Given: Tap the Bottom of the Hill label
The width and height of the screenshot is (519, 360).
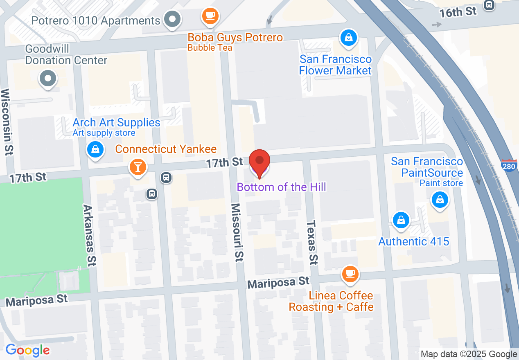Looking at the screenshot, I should point(281,187).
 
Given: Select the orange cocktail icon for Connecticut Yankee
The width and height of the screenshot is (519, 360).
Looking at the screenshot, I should point(138,167).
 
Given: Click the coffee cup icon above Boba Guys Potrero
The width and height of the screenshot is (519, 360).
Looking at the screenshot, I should point(210,16).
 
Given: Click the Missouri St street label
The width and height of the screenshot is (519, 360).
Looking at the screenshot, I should point(237,232).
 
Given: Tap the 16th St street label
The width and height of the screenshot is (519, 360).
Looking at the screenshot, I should point(458,12).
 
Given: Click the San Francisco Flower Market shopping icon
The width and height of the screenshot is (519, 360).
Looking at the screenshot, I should point(348,38).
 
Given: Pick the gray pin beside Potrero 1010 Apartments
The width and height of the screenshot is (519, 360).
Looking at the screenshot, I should point(173,19).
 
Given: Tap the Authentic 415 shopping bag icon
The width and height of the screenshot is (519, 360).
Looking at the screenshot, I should point(401,220).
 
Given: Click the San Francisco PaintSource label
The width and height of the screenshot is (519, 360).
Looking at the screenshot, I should point(426,167).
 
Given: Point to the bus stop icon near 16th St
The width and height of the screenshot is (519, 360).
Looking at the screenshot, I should point(489,5).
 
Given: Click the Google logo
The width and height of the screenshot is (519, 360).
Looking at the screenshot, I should point(27,351).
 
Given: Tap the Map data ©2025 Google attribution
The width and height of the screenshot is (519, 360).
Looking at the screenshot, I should point(469,354).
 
